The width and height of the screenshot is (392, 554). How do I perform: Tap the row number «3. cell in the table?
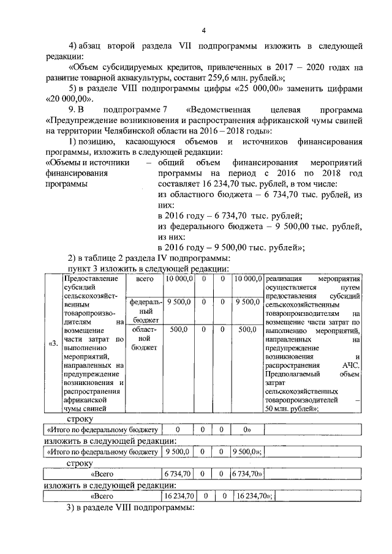tap(53, 343)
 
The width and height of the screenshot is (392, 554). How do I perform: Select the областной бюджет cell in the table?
tap(144, 338)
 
